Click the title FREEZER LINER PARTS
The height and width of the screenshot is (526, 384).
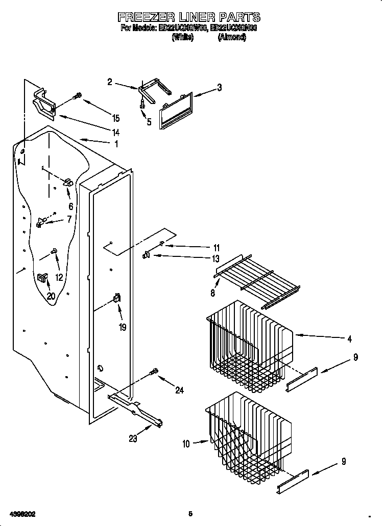[189, 18]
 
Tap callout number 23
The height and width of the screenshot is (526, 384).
[133, 438]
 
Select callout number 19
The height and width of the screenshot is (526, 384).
[123, 328]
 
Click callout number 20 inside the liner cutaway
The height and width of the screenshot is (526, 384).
[51, 296]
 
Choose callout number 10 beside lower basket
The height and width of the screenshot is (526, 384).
[186, 444]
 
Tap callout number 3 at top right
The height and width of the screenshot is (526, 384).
[219, 87]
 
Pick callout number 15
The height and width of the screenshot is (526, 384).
[116, 118]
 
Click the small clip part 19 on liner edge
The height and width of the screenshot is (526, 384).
[117, 300]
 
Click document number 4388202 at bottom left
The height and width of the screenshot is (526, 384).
[21, 513]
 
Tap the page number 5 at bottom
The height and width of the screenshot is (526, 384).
[190, 513]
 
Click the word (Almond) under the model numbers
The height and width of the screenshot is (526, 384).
[232, 37]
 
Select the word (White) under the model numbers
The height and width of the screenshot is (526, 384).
[183, 37]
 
